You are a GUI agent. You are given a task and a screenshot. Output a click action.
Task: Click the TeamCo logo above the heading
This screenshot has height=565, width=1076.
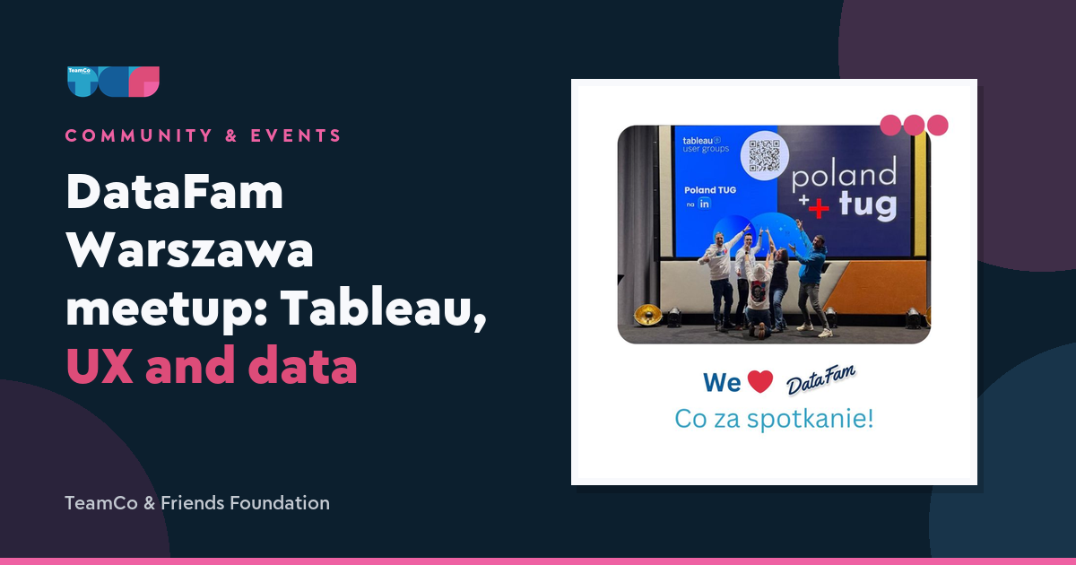tap(113, 82)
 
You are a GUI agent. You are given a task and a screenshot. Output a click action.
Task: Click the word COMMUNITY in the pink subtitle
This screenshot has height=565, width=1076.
tap(139, 135)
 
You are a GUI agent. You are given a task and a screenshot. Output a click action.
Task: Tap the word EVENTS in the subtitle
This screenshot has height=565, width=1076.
tap(296, 135)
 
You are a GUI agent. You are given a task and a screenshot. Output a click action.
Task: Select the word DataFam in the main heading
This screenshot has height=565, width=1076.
tap(175, 192)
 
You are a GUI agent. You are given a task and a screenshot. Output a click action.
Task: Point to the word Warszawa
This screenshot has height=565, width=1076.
tap(190, 249)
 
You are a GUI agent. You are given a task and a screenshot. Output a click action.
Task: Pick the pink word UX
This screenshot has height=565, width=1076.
tap(100, 365)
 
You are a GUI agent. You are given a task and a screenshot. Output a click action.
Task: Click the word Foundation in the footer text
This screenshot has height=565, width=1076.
tap(280, 503)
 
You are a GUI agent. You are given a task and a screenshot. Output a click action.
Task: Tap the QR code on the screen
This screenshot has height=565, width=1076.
tap(764, 156)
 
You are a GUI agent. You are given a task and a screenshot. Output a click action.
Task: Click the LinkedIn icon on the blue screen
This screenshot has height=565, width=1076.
tap(704, 204)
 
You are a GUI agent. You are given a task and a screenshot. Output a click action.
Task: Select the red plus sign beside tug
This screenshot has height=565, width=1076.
tap(819, 208)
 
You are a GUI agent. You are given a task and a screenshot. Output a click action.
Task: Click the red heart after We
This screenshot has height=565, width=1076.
tap(760, 382)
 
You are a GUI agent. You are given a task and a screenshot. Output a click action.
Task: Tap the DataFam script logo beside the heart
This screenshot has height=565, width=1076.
tap(821, 379)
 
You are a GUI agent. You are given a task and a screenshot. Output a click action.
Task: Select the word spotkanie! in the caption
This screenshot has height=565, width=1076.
tap(810, 419)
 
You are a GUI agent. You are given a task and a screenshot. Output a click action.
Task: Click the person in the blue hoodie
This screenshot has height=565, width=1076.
tap(811, 279)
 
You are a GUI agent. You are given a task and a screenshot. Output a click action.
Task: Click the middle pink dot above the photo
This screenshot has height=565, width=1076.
tap(914, 126)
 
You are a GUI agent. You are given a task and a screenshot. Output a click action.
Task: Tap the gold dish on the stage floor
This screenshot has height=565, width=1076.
tap(648, 315)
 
